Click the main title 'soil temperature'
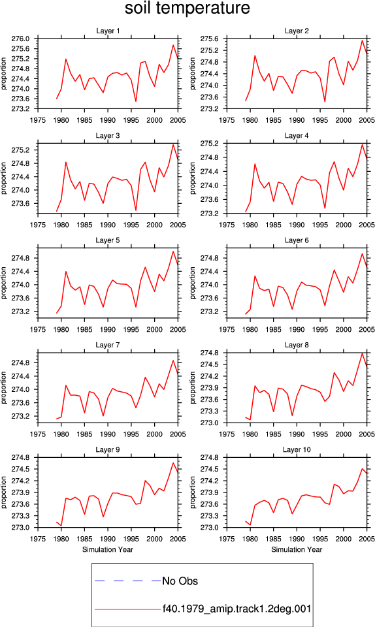(187, 8)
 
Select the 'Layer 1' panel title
(108, 31)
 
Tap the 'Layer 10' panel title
(297, 449)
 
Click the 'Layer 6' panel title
(297, 240)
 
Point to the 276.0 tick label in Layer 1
(20, 39)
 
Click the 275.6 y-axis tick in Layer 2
(209, 39)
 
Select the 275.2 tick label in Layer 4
(209, 144)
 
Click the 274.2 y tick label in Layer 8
(209, 376)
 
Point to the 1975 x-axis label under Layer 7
(38, 434)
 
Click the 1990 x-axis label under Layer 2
(297, 120)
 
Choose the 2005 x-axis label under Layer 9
(178, 539)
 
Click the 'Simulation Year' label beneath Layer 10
(297, 549)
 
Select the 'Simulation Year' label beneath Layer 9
(108, 549)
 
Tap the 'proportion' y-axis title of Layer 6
(193, 283)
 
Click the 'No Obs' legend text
(180, 581)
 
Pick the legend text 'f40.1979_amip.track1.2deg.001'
(236, 609)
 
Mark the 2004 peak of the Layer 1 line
(174, 45)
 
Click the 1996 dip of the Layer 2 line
(325, 102)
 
